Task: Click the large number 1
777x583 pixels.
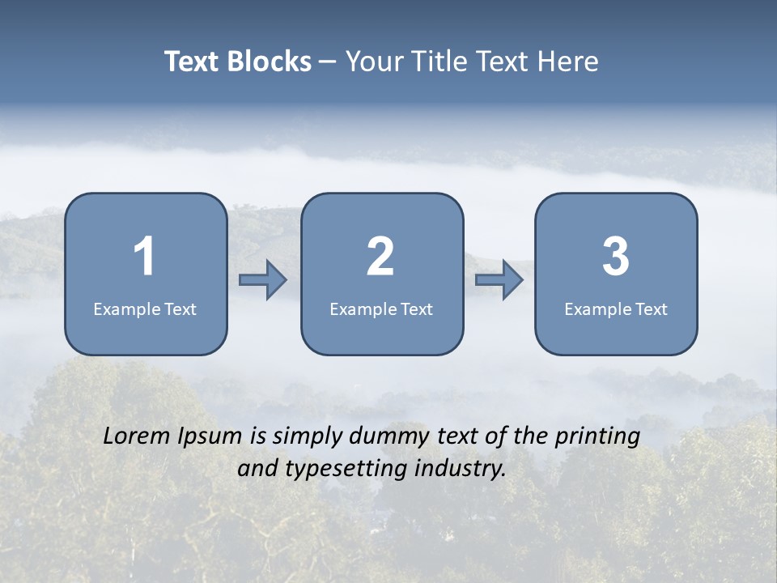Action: point(145,257)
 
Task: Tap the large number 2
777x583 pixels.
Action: point(380,257)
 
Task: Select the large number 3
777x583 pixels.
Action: point(616,257)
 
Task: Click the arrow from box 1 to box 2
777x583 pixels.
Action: point(263,280)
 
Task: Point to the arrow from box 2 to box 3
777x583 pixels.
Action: point(499,280)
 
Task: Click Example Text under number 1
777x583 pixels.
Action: point(145,309)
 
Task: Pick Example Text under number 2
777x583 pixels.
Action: point(381,309)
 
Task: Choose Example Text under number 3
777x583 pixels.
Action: point(616,309)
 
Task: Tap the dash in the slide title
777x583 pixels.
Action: point(328,62)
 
